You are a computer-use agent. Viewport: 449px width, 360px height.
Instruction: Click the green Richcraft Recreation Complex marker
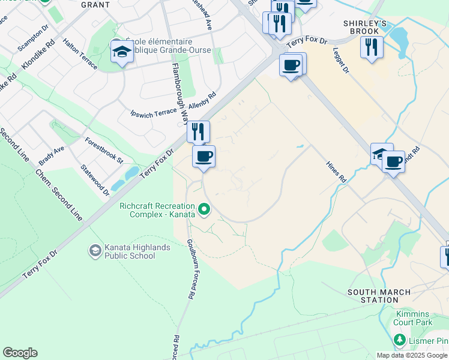204,210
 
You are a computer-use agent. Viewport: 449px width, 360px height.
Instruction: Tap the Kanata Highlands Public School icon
95,250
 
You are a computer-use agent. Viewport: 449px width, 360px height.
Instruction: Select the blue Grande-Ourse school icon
122,51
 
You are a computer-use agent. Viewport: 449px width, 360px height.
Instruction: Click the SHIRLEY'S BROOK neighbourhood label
361,27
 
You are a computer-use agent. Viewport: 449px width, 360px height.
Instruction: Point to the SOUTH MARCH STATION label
379,297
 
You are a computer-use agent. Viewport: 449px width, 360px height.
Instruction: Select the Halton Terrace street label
79,54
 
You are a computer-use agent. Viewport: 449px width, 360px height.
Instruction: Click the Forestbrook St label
104,152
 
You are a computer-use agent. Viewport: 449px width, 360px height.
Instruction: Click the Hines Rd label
336,172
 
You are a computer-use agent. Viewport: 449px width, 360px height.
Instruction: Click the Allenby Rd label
202,100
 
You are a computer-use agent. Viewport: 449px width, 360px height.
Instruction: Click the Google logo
20,353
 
